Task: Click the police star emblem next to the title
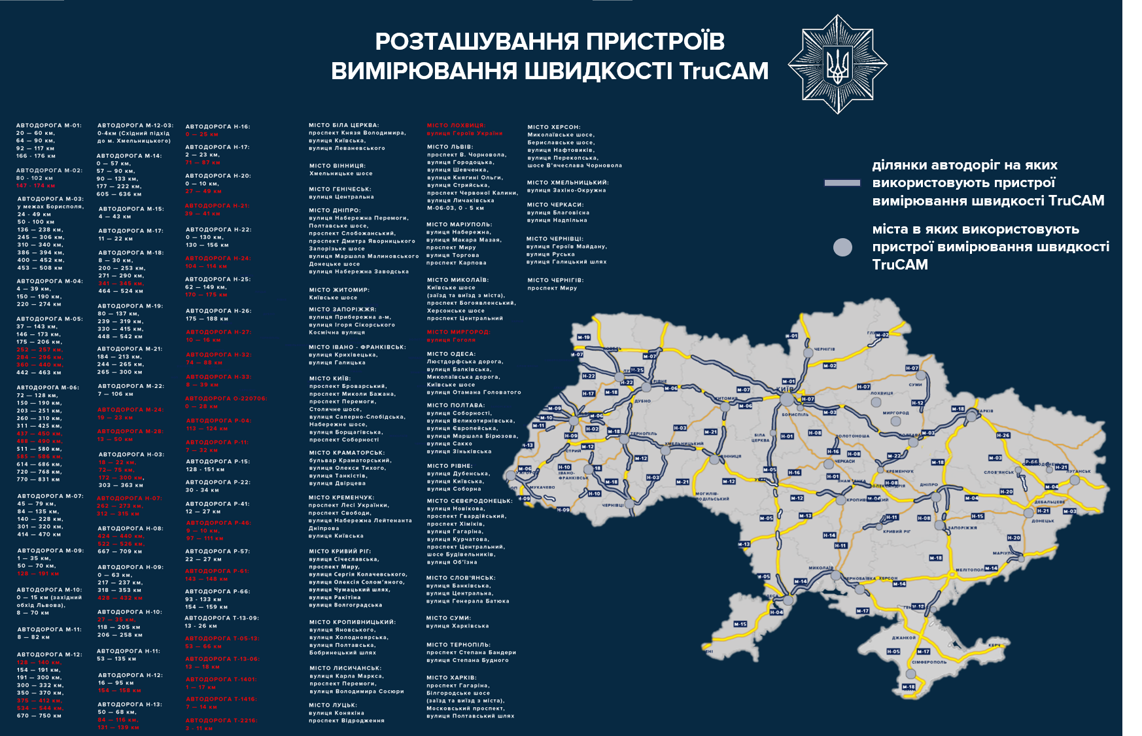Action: pos(837,65)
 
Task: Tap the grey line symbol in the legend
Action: pos(842,183)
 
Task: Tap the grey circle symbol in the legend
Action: pos(842,247)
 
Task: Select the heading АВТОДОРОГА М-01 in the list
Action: pos(48,125)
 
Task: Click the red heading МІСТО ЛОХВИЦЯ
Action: pos(456,125)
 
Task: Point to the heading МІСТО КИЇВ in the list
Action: pos(330,378)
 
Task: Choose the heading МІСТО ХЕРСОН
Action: pos(553,127)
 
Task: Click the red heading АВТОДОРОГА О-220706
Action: pos(226,398)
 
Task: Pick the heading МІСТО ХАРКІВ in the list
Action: pos(451,678)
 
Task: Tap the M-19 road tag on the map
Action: pos(583,338)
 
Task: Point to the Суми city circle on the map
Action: pos(921,376)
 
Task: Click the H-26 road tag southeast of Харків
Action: pos(1003,435)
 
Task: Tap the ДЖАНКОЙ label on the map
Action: pos(903,637)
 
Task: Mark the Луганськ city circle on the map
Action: pos(1074,480)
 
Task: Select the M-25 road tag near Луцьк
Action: pos(636,370)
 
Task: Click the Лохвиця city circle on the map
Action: pos(876,402)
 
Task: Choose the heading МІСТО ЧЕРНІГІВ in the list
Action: pos(555,280)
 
